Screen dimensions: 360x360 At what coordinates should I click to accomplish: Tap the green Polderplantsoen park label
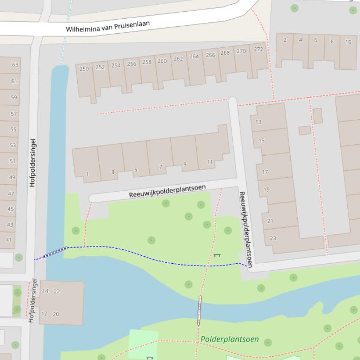[229, 339]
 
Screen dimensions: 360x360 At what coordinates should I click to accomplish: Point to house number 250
[84, 69]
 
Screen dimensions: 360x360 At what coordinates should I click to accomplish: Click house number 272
[258, 49]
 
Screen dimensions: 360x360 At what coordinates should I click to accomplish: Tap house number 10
[348, 42]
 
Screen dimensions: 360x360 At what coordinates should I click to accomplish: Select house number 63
[15, 65]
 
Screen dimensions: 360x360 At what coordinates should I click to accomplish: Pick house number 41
[9, 240]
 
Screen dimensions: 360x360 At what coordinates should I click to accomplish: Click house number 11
[210, 162]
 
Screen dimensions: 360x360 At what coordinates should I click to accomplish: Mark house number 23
[273, 238]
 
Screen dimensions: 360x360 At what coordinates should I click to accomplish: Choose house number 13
[258, 122]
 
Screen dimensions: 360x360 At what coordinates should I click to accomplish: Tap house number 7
[160, 167]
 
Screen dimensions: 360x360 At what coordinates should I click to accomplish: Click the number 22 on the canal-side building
[57, 291]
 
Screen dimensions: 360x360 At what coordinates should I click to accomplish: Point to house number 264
[194, 57]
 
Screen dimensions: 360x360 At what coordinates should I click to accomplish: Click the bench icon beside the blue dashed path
[216, 255]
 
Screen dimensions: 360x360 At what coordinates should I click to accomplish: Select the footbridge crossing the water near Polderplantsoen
[199, 310]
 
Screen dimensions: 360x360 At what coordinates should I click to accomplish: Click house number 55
[13, 130]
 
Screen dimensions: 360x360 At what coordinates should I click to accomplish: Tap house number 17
[265, 172]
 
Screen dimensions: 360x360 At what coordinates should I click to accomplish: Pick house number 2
[285, 40]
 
